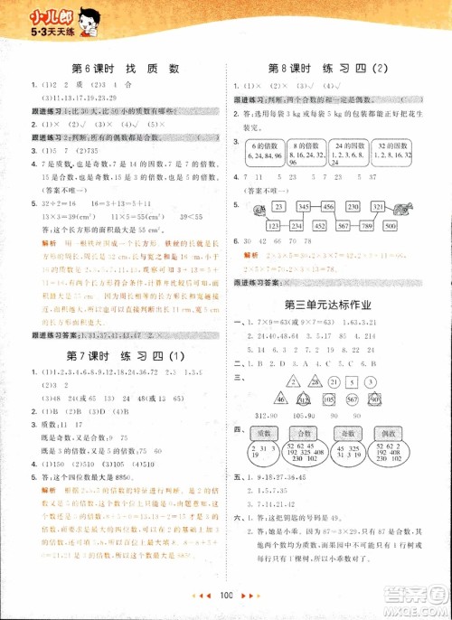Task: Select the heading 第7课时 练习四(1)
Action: coord(126,349)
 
